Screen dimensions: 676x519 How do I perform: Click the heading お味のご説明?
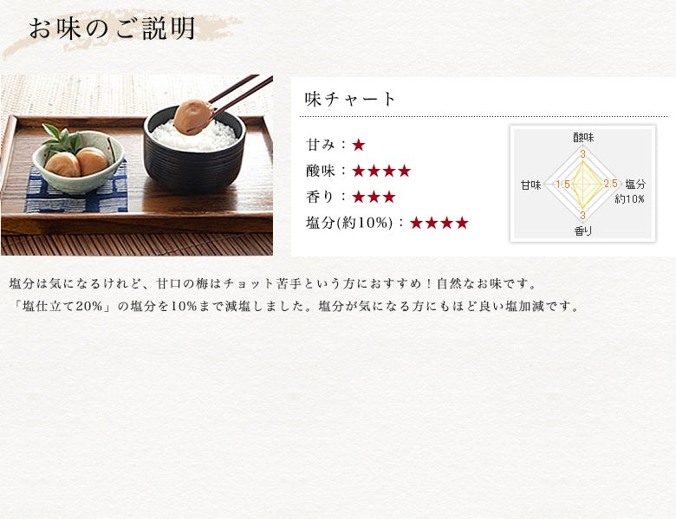coord(112,29)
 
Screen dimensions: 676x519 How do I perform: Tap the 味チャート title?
coord(349,99)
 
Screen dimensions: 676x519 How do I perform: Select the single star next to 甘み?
coord(358,146)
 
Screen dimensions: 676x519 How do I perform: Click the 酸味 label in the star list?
coord(320,172)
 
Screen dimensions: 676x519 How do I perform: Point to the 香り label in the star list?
coord(320,197)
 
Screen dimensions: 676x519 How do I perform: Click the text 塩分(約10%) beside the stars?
coord(349,223)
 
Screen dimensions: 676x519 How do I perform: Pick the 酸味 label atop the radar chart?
coord(583,138)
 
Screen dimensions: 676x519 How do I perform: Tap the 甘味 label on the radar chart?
coord(530,185)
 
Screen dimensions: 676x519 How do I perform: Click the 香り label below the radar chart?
coord(583,231)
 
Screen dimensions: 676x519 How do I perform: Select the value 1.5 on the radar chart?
coord(562,185)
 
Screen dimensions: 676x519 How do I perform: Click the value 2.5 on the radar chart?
coord(610,184)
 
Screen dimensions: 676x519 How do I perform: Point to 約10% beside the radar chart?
coord(629,198)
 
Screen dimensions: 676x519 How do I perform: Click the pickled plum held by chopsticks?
coord(193,116)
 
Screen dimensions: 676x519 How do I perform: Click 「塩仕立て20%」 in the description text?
coord(62,307)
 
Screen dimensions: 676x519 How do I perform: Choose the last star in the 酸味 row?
coord(405,172)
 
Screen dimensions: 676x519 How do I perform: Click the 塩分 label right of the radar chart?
coord(635,184)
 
